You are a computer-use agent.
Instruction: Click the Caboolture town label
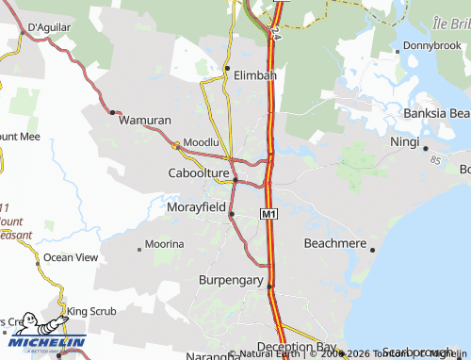pos(199,173)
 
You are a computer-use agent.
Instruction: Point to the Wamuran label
pos(144,121)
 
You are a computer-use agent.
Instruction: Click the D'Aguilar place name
pos(52,27)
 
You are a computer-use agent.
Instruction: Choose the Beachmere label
pos(333,242)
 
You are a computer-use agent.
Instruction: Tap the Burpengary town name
pos(232,280)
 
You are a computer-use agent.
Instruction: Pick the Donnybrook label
pos(431,45)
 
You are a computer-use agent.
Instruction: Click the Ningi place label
pos(405,141)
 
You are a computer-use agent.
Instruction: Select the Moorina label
pos(165,244)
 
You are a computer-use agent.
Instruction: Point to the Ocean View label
pos(71,256)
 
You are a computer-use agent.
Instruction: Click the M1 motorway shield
pos(269,216)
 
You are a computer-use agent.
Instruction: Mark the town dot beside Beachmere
pos(373,250)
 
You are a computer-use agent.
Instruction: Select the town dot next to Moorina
pos(140,249)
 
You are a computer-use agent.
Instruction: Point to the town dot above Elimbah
pos(227,68)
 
